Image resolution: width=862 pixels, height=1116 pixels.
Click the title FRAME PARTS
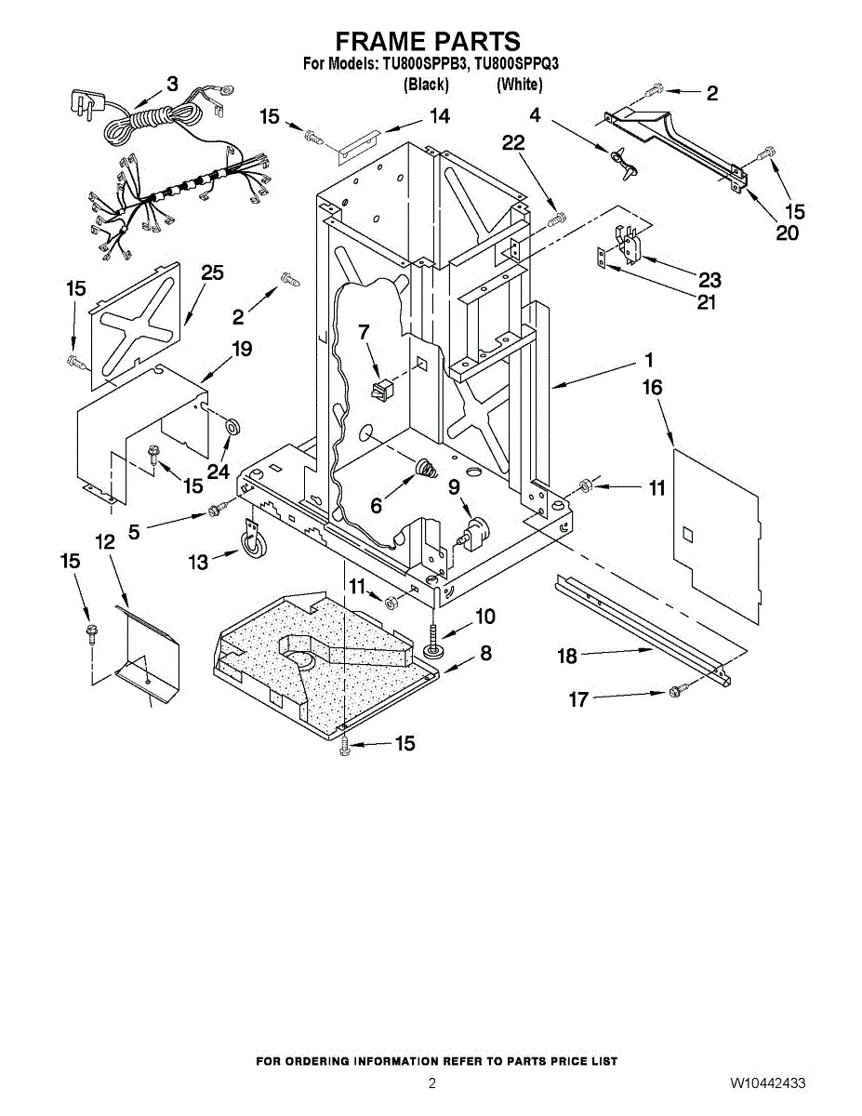click(427, 42)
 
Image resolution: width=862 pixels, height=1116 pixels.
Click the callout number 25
click(213, 272)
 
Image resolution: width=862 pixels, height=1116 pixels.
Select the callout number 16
click(653, 387)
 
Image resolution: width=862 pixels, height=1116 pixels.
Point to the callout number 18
click(567, 657)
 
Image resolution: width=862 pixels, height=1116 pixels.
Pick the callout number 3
click(171, 85)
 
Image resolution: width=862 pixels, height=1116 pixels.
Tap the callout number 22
click(513, 142)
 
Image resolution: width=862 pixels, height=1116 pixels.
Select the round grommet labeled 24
click(232, 426)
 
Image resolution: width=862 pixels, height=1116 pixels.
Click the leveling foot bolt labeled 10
click(435, 642)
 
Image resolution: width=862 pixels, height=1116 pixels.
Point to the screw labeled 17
click(676, 691)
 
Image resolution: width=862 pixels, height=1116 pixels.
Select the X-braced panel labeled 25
click(136, 321)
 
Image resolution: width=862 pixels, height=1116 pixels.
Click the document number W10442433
click(767, 1083)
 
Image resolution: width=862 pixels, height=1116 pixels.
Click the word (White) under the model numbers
click(519, 85)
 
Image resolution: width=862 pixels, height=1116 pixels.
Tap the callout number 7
click(364, 330)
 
